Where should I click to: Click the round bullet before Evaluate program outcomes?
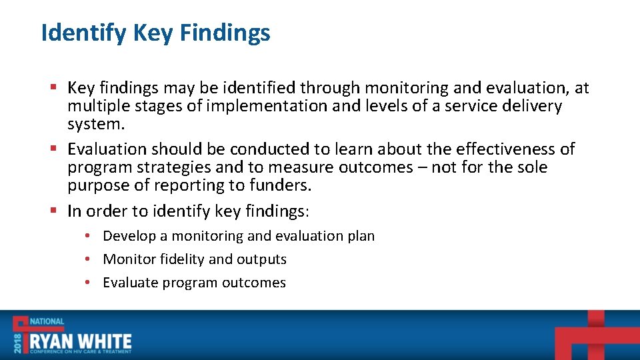(x=87, y=283)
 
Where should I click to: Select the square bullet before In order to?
(x=53, y=211)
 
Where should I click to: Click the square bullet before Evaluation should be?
(x=53, y=149)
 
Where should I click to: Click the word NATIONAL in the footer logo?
(x=47, y=321)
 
